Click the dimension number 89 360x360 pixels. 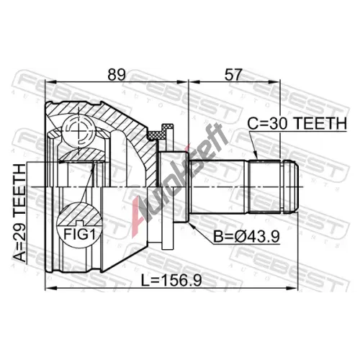coord(117,75)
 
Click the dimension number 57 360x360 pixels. coord(232,75)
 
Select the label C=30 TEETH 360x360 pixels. coord(297,124)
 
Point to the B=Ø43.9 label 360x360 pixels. coord(247,237)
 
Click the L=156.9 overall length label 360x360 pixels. coord(171,280)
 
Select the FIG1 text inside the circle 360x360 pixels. coord(79,234)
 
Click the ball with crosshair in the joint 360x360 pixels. coord(78,131)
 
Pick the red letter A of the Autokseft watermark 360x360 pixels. coord(138,217)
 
